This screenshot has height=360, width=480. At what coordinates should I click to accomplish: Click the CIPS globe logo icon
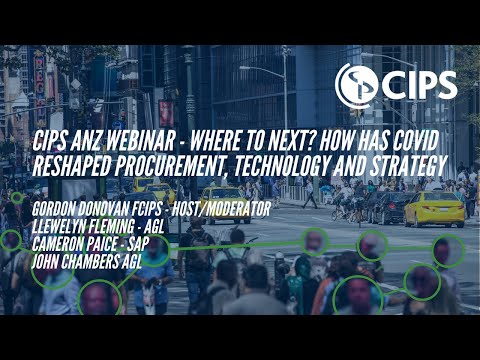point(356,85)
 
